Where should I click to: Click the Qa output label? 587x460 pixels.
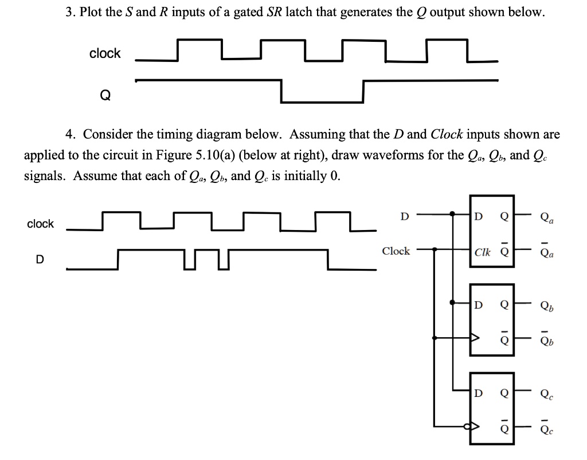547,218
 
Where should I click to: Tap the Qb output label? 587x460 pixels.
547,306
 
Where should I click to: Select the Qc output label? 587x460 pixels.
547,395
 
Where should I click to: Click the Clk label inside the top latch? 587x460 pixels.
482,252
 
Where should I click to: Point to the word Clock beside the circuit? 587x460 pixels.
396,251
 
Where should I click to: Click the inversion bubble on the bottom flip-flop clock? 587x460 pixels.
467,426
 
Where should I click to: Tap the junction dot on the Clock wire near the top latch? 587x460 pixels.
435,249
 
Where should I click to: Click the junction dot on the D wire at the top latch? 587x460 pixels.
452,214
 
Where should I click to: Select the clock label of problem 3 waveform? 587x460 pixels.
105,53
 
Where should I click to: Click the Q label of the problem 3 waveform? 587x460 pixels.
105,96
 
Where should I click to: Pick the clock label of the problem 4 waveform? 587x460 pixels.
41,224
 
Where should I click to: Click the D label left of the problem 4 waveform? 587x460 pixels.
40,259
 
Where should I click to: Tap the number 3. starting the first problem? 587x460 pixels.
69,13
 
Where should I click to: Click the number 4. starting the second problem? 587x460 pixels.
70,134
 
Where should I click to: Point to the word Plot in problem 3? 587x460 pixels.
91,12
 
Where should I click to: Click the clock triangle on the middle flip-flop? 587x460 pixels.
475,338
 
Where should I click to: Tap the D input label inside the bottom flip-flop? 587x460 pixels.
479,393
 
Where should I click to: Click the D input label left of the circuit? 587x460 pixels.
404,216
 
